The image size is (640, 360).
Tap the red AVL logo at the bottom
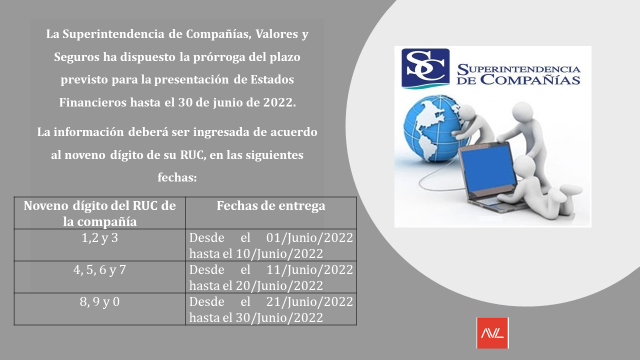point(493,330)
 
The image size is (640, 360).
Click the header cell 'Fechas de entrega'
point(270,206)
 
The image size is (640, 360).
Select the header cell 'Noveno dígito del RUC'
point(99,213)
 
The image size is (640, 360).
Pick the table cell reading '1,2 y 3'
point(99,238)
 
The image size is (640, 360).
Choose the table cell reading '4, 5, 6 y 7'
point(99,269)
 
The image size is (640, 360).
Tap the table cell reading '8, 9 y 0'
point(99,301)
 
